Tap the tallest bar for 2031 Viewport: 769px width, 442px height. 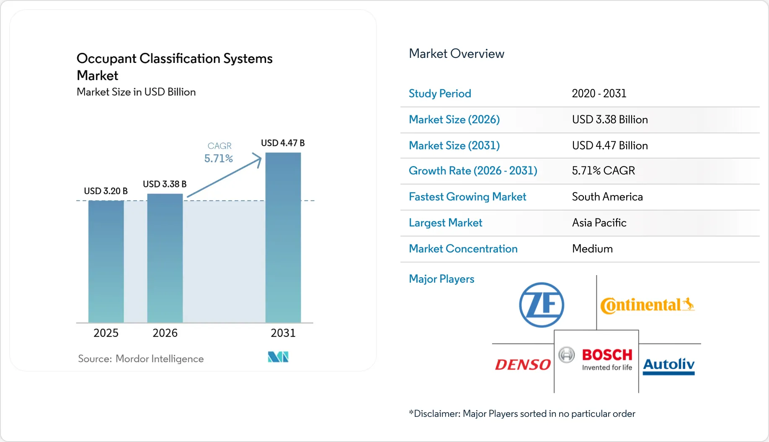[283, 237]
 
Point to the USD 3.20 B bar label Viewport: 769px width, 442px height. [106, 191]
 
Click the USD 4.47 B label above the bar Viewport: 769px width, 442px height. [283, 143]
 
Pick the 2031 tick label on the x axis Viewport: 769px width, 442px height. [283, 333]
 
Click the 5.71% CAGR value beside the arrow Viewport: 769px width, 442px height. [218, 159]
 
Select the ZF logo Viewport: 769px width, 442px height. [542, 305]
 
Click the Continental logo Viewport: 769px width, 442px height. [647, 305]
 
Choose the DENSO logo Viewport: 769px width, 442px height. [523, 364]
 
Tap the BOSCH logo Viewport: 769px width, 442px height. [596, 359]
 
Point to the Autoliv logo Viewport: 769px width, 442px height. [668, 365]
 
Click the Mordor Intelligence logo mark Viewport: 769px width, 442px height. [278, 357]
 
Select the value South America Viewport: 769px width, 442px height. [607, 197]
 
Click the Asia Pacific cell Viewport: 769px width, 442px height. [599, 223]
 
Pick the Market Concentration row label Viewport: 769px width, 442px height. [463, 249]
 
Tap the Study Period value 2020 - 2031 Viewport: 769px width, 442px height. [599, 94]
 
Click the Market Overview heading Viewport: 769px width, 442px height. [457, 54]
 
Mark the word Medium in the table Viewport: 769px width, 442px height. [592, 249]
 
